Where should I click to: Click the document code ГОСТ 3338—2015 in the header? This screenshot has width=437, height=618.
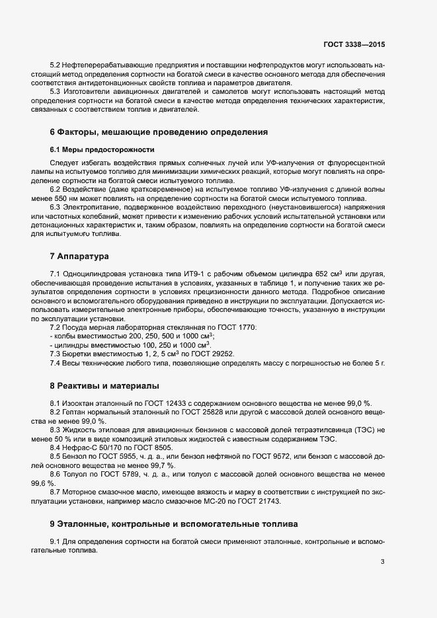pos(354,44)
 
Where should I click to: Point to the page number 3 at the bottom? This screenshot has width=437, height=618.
pos(382,562)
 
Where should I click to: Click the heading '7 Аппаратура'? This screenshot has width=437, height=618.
pos(79,256)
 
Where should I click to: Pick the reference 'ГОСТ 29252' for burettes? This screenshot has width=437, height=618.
pos(214,354)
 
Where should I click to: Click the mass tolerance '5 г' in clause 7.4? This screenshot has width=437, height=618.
pos(378,363)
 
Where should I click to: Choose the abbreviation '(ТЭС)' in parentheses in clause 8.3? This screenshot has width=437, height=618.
pos(363,430)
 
